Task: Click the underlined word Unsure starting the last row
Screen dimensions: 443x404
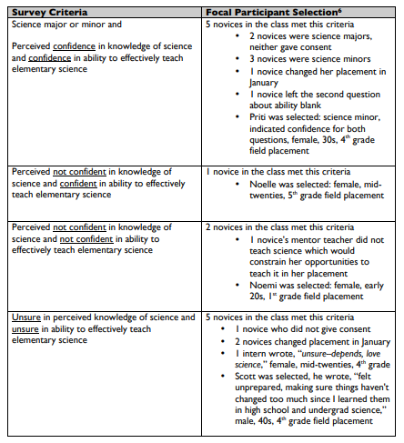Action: tap(26, 317)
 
